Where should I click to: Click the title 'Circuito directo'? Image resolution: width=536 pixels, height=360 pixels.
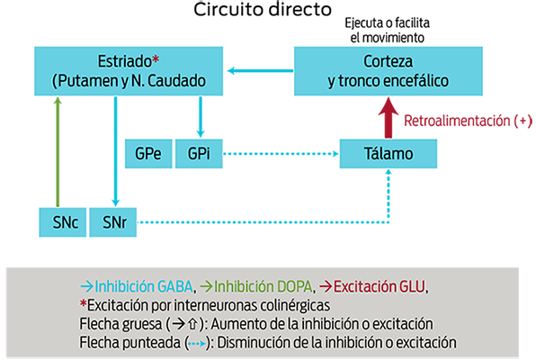point(263,9)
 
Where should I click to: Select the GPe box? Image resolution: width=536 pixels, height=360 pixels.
point(148,154)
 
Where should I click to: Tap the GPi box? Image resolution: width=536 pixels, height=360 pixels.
point(199,154)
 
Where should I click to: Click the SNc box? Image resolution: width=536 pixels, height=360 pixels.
point(63,222)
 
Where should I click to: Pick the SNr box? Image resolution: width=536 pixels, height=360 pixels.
point(113,222)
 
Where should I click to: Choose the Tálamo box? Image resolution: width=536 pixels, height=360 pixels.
point(389,154)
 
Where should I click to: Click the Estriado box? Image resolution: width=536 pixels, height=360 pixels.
point(129,71)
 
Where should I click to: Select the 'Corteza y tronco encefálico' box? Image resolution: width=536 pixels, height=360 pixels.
point(389,71)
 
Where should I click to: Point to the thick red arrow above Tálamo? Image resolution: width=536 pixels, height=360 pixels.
point(389,117)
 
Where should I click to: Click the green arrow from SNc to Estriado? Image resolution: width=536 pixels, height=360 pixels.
point(58,152)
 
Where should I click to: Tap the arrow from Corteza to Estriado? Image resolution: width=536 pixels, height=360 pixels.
point(261,71)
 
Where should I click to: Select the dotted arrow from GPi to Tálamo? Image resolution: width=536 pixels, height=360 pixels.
point(281,154)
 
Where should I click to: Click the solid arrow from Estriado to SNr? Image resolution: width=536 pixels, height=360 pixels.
point(115,151)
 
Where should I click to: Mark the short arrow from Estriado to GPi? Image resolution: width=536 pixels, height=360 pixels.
point(201,117)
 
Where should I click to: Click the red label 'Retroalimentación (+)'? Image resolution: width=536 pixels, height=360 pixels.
point(468,121)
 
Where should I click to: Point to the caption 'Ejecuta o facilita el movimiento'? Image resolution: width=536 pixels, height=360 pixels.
point(388,30)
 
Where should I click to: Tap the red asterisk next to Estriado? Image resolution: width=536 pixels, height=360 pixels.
point(156,60)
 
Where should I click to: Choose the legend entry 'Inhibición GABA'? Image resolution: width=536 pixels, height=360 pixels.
point(137,286)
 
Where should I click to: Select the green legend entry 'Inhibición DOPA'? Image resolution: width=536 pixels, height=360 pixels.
point(256,286)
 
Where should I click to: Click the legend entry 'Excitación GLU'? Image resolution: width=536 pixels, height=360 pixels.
point(372,286)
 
